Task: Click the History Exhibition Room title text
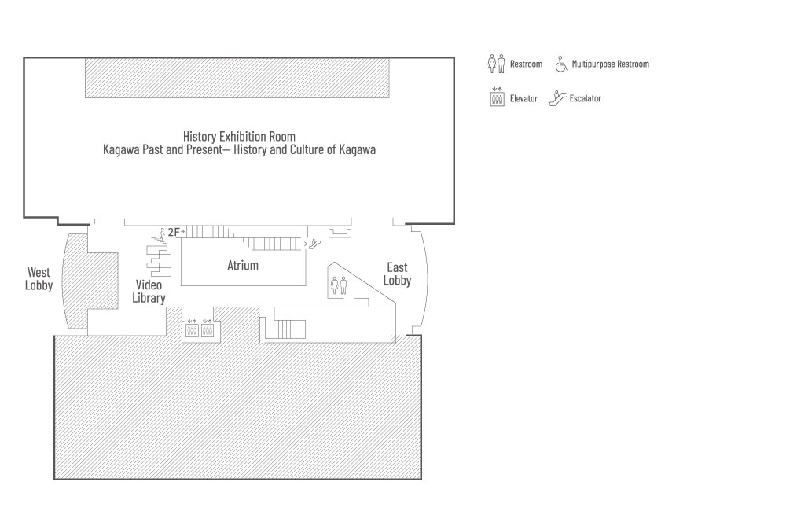point(239,137)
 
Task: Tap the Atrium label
point(243,265)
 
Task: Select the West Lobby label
point(39,279)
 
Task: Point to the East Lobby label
point(397,274)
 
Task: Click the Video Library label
point(149,292)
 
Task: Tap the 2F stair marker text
point(174,232)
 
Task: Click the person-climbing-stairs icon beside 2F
point(160,235)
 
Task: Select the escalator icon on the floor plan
point(315,244)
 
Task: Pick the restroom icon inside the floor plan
point(339,285)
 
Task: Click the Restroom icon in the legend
point(496,64)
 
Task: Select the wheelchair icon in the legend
point(561,64)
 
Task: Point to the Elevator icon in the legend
point(497,97)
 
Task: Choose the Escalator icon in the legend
point(558,98)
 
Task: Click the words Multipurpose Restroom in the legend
point(611,64)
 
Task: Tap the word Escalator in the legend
point(585,98)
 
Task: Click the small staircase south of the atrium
point(290,329)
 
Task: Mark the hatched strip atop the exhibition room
point(237,78)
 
